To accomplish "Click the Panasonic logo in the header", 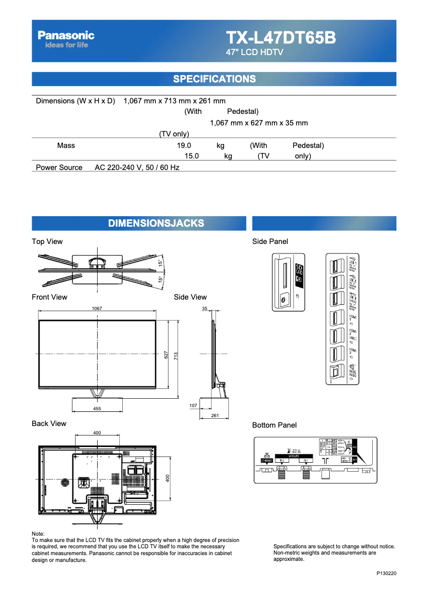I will [x=66, y=36].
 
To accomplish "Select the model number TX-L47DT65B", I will [x=280, y=38].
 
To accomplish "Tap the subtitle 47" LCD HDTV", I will [x=255, y=52].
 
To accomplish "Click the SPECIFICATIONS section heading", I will [x=214, y=79].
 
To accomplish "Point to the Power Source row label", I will [x=59, y=167].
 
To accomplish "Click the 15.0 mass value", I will [x=192, y=156].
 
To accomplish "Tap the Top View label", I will [x=47, y=241].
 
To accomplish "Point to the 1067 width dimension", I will [x=97, y=309].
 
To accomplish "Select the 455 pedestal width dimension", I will [x=97, y=409].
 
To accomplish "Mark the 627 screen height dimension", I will [x=166, y=355].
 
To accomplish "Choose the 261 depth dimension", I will [x=214, y=416].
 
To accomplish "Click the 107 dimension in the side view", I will [x=193, y=406].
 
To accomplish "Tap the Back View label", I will [x=49, y=423].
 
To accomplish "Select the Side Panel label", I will [x=270, y=241].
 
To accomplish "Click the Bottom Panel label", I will [x=274, y=425].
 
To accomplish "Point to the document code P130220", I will [x=386, y=573].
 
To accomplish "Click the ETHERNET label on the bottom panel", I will [x=267, y=460].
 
